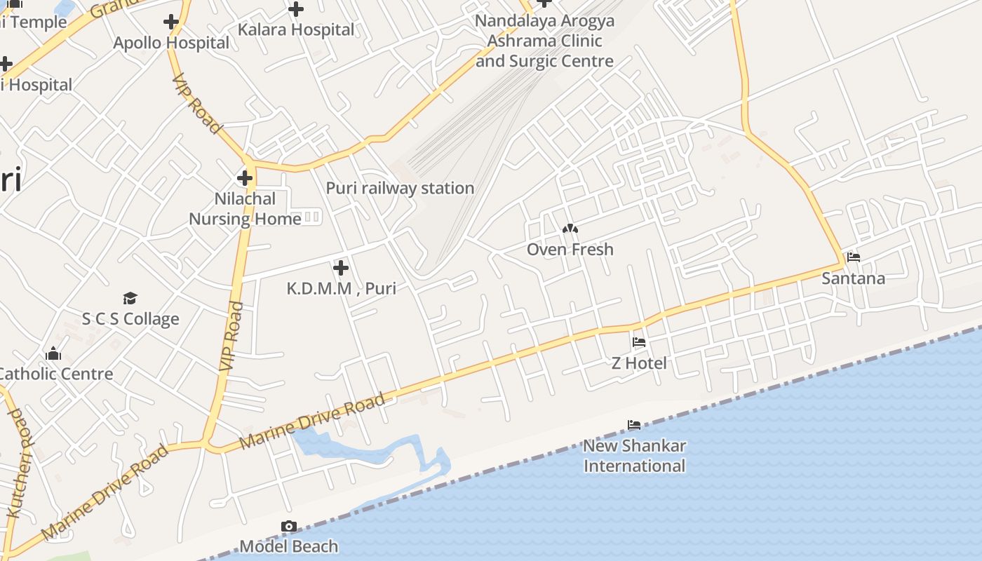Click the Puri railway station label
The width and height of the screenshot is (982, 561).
[x=400, y=188]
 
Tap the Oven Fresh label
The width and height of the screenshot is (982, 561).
[x=570, y=249]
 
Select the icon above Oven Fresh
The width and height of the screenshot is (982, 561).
[x=570, y=229]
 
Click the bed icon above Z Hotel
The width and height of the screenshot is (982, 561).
[x=638, y=342]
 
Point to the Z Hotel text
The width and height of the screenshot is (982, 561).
[x=638, y=363]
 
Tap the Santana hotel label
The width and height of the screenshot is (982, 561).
[x=853, y=278]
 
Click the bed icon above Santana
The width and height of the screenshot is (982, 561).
[x=853, y=257]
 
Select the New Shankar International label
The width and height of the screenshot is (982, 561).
[x=634, y=455]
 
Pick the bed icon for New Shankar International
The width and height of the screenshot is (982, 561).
[x=634, y=425]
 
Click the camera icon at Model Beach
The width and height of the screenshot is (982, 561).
[x=288, y=526]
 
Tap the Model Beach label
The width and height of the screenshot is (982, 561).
[x=288, y=546]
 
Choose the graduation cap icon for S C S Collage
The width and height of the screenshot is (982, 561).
[x=130, y=299]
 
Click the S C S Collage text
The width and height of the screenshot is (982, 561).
[x=130, y=319]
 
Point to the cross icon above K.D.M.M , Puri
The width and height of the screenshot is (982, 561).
[x=340, y=267]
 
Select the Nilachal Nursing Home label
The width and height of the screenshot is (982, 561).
[x=245, y=209]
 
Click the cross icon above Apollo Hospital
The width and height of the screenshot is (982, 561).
[x=171, y=22]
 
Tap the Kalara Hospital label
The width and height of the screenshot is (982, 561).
[x=296, y=29]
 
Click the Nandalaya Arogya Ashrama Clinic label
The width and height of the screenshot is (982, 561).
[x=544, y=41]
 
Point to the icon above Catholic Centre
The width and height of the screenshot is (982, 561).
[x=53, y=353]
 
